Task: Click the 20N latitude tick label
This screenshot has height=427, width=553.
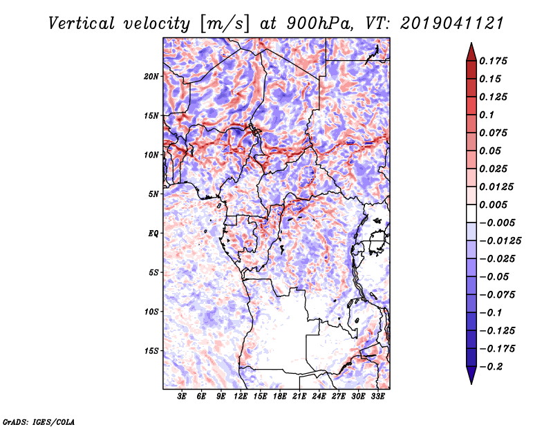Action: point(151,77)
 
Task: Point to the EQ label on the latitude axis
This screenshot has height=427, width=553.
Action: point(153,234)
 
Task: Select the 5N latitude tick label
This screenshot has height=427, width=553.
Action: point(153,194)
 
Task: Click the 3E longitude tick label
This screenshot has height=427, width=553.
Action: point(182,397)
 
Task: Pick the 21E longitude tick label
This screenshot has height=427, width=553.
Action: point(299,397)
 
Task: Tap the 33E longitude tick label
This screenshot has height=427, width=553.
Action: point(377,397)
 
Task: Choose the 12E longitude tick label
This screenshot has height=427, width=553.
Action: point(241,397)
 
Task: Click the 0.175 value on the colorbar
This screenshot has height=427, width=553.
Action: point(493,61)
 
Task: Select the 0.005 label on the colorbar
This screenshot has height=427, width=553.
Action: point(493,205)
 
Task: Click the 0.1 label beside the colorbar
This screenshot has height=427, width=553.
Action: point(487,115)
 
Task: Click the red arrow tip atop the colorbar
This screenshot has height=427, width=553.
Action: point(471,44)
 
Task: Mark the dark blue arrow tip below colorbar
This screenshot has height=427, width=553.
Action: point(471,383)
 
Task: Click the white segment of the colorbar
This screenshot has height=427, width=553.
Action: point(471,213)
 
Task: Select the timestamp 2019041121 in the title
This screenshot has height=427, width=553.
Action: point(452,23)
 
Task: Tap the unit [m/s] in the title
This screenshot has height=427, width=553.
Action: point(225,24)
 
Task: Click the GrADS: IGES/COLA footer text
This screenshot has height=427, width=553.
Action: point(39,422)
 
